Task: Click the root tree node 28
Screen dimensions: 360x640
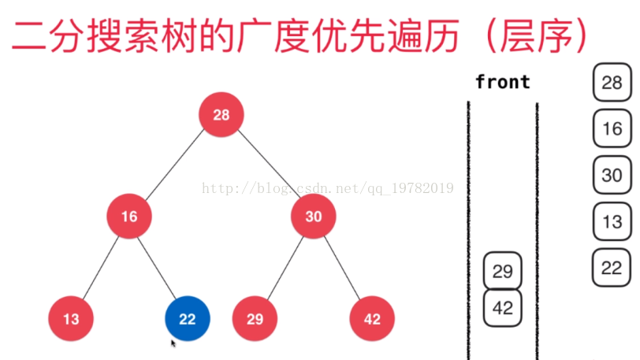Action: [221, 114]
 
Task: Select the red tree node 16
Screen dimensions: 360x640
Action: [129, 216]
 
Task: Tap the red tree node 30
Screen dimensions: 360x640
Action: [314, 216]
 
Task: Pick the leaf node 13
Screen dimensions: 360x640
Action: [71, 319]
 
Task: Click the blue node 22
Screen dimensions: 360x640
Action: [187, 319]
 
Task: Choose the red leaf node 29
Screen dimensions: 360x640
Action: [255, 319]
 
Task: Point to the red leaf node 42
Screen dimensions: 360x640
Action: [372, 319]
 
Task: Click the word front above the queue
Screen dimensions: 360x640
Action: [503, 82]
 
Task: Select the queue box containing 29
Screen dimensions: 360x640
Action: [502, 272]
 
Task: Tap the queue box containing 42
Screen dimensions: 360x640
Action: [502, 308]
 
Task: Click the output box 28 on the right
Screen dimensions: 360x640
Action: [612, 83]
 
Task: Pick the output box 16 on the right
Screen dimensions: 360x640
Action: [612, 129]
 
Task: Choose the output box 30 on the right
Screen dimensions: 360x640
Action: [612, 176]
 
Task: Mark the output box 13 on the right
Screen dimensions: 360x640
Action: [612, 222]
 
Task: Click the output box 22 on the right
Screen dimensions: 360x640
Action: [612, 268]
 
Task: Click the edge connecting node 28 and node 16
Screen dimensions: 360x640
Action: [175, 165]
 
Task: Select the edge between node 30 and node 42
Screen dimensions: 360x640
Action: [343, 268]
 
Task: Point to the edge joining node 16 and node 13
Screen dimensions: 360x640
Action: [100, 268]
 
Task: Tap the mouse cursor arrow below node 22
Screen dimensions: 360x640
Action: [173, 343]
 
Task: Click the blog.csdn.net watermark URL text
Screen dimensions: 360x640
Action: [327, 188]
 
